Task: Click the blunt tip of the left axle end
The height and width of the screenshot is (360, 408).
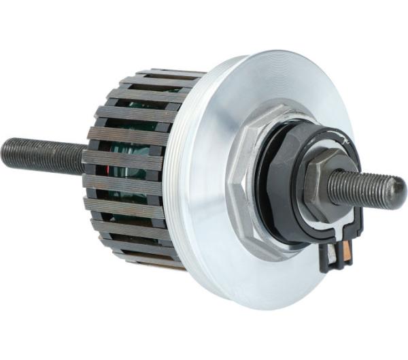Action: pyautogui.click(x=4, y=153)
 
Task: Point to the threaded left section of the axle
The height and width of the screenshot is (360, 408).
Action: pyautogui.click(x=41, y=156)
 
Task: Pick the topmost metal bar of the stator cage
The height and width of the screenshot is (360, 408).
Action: pyautogui.click(x=170, y=72)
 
